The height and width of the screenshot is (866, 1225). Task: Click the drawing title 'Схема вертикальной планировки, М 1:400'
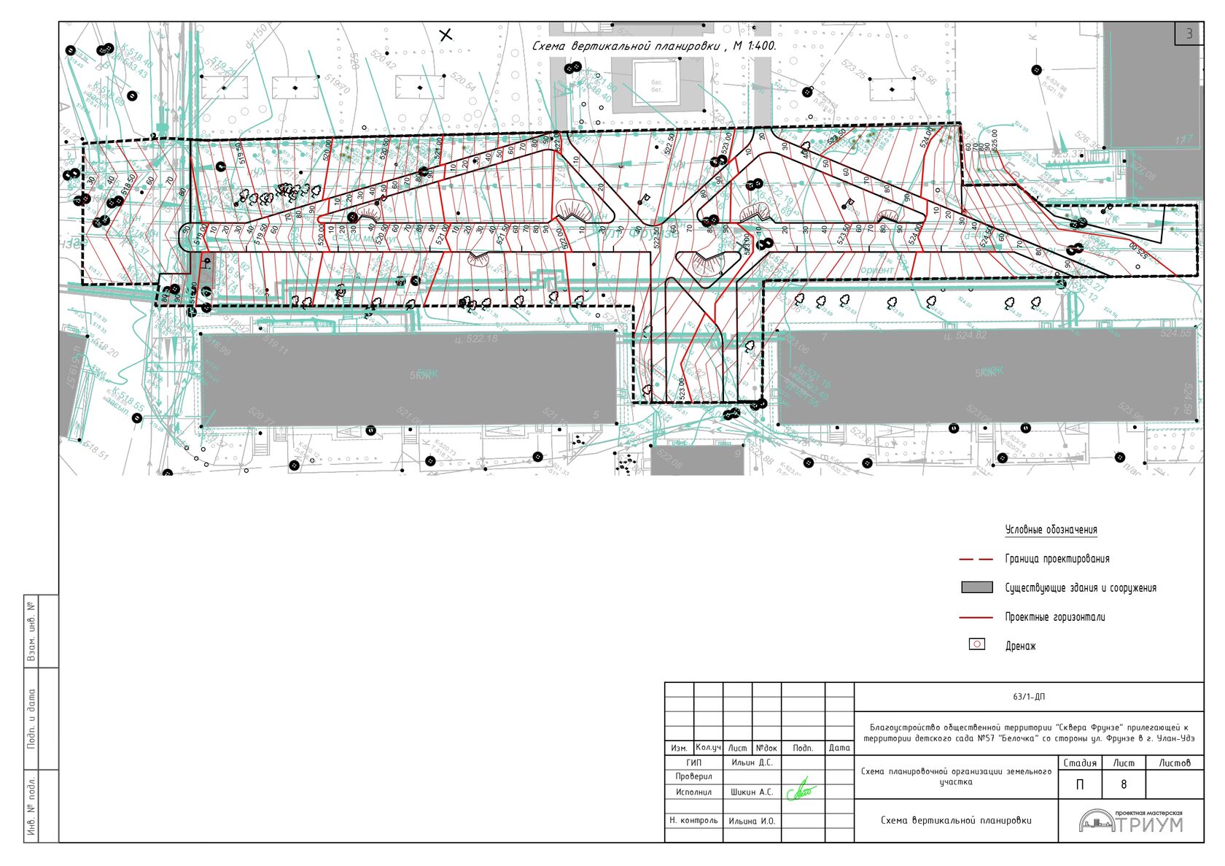[x=654, y=46]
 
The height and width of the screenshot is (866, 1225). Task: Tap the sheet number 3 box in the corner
[x=1189, y=34]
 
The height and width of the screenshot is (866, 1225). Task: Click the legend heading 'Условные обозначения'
[x=1051, y=530]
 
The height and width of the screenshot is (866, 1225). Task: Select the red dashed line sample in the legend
[x=976, y=559]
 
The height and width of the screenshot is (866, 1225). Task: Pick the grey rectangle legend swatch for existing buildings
[x=976, y=587]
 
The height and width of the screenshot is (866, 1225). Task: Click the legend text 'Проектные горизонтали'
[x=1054, y=617]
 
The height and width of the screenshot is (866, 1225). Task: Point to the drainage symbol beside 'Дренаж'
[x=976, y=644]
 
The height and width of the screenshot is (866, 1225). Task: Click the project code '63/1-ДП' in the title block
[x=1028, y=697]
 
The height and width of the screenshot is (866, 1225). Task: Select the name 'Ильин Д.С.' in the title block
[x=751, y=762]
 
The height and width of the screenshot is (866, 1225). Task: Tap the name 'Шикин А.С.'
[x=751, y=792]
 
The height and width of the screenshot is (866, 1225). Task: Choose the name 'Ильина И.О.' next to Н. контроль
[x=751, y=821]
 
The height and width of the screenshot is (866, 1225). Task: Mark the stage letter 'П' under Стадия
[x=1080, y=784]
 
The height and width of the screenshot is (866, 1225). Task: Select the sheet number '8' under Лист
[x=1123, y=784]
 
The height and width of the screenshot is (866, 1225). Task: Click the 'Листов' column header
[x=1174, y=763]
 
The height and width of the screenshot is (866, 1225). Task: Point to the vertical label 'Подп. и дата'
[x=31, y=719]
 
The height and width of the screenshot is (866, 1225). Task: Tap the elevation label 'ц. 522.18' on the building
[x=475, y=339]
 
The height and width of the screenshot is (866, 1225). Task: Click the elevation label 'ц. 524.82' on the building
[x=965, y=336]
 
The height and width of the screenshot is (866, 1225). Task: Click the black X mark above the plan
[x=446, y=34]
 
